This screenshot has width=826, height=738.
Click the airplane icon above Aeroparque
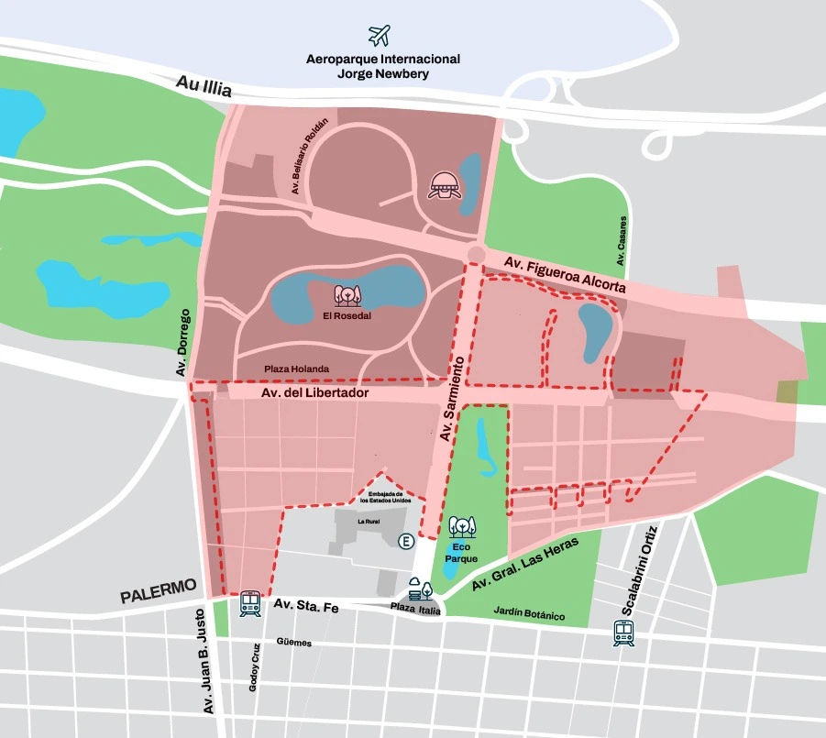[x=380, y=35]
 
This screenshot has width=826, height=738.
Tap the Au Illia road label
[x=206, y=90]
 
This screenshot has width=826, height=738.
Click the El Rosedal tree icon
[x=347, y=295]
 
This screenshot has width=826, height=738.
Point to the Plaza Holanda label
[x=296, y=369]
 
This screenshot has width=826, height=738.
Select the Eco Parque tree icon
[x=462, y=528]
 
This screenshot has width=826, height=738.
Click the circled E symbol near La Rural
[x=405, y=543]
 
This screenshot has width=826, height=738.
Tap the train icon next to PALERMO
[x=250, y=602]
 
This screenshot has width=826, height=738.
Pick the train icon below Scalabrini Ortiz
[x=624, y=633]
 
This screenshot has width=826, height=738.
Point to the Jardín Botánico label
[x=529, y=614]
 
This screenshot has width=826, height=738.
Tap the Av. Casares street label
[x=622, y=241]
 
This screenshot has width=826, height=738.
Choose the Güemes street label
[x=293, y=643]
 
